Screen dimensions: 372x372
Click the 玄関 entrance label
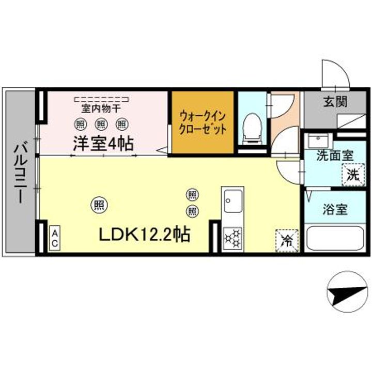coord(335,101)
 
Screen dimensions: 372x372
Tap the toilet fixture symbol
coord(252,128)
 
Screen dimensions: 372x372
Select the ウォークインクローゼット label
coord(203,123)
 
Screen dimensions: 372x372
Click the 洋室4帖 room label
coord(103,143)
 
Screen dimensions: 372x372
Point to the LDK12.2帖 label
coord(144,234)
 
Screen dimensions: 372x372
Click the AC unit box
coord(55,238)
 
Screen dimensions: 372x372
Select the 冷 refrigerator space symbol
coord(287,241)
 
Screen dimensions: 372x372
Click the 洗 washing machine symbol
coord(353,175)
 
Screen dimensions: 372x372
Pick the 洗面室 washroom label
coord(335,156)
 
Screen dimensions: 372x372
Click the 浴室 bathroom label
coord(335,209)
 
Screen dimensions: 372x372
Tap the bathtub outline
coord(334,238)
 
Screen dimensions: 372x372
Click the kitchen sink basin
coord(233,201)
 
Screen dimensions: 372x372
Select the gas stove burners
coord(233,238)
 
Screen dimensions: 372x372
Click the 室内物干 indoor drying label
coord(101,109)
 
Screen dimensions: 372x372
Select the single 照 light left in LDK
coord(99,205)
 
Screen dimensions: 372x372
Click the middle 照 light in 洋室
coord(102,124)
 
